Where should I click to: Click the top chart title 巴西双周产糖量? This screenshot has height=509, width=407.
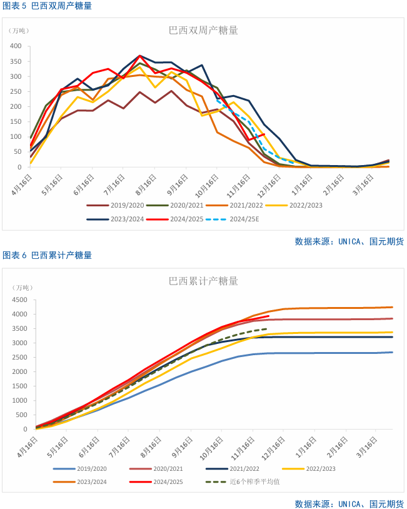coord(203,30)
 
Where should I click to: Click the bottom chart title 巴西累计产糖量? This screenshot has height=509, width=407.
coord(203,281)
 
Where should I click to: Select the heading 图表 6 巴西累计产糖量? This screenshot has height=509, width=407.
coord(48,255)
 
